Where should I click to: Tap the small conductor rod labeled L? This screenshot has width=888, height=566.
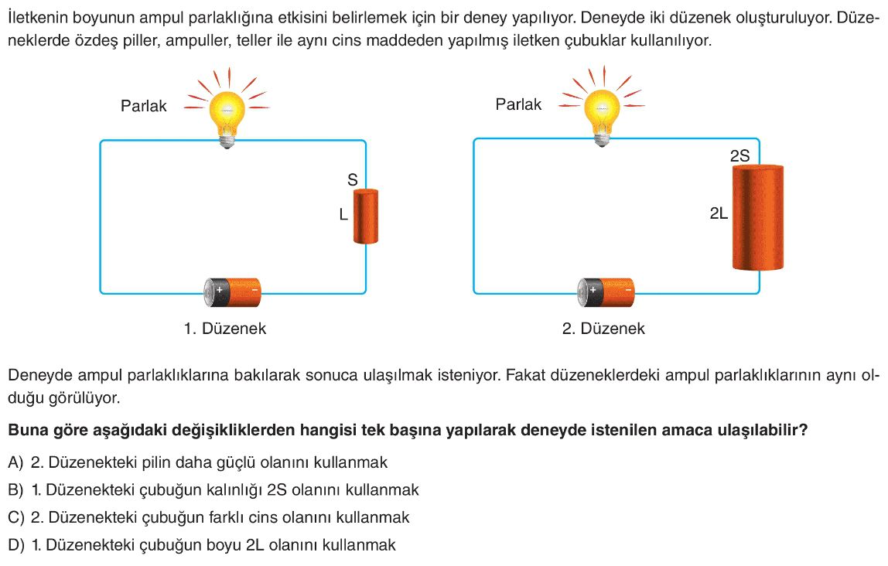(x=365, y=217)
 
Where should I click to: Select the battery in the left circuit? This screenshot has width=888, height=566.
(x=233, y=292)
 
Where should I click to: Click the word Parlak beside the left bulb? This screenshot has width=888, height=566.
(x=144, y=106)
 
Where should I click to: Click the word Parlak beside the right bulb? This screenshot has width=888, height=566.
(x=518, y=104)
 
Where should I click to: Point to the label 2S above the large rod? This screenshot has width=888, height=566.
(x=740, y=156)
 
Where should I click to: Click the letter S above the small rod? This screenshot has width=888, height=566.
(x=352, y=180)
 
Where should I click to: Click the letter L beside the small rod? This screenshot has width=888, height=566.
(x=343, y=217)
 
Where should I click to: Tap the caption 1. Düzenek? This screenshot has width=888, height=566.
(x=224, y=329)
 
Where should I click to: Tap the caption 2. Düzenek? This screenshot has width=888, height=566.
(x=603, y=329)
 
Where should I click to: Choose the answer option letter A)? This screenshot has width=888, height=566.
(x=15, y=463)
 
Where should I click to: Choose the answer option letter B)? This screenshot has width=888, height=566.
(x=15, y=490)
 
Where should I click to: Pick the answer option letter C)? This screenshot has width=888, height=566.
(x=15, y=517)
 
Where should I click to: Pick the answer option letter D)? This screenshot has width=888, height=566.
(x=15, y=544)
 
